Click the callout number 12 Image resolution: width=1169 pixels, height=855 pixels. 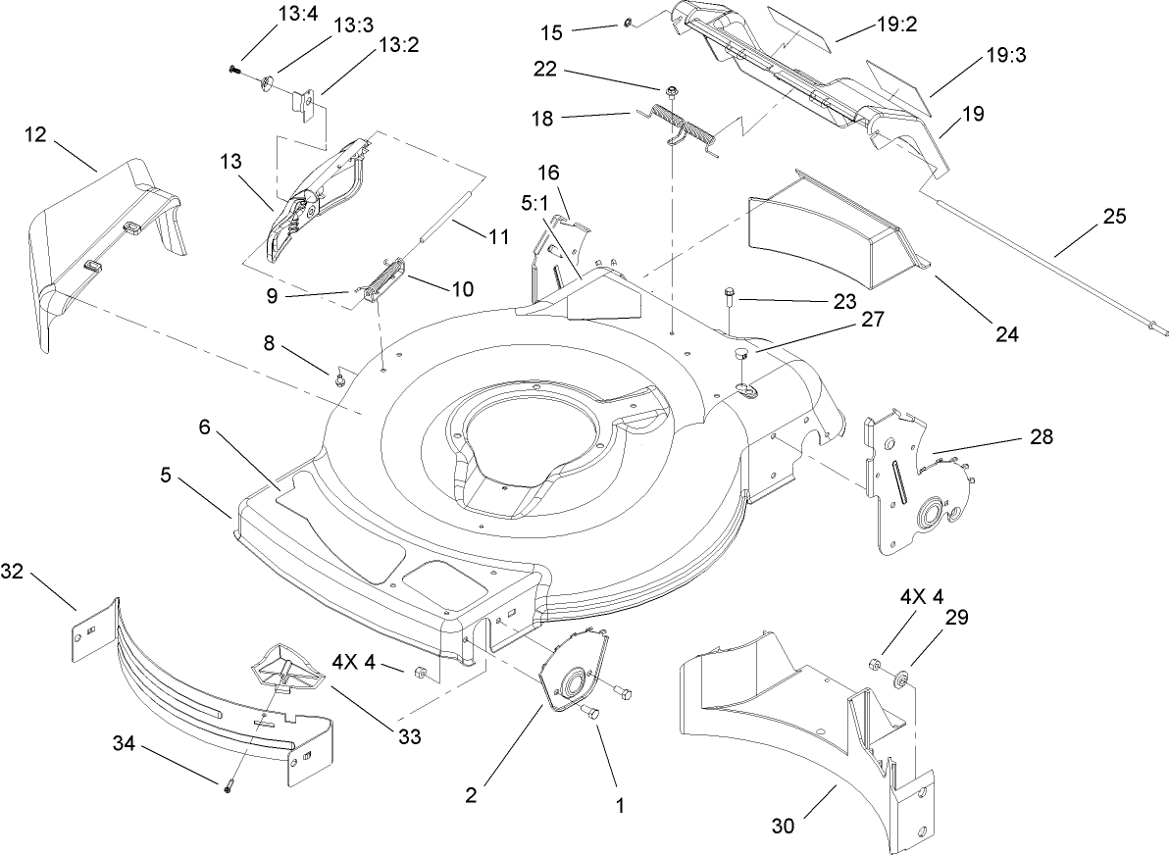35,136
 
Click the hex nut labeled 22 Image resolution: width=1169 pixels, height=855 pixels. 672,92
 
